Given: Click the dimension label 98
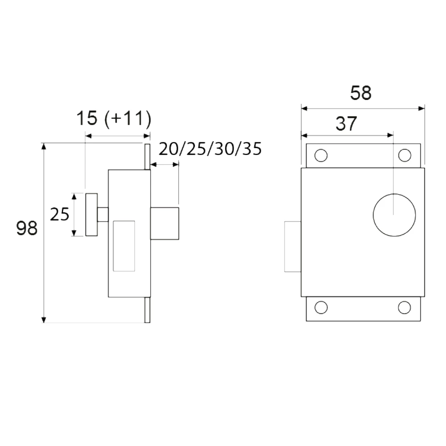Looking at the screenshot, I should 27,228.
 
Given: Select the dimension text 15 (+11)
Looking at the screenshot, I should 114,120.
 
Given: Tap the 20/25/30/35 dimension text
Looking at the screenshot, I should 210,149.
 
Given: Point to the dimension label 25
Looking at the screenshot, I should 59,215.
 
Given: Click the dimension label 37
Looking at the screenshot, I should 347,124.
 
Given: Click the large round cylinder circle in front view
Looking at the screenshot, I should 394,215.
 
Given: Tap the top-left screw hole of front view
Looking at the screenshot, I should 320,155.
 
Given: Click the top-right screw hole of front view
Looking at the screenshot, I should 405,155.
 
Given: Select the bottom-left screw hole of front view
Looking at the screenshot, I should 320,307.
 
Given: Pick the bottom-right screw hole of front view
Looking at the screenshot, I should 405,307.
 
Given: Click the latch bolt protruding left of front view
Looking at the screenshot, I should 293,246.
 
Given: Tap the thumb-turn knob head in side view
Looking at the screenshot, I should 91,215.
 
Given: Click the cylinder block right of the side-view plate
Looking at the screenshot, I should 165,223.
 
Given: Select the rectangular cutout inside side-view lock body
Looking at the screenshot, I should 124,245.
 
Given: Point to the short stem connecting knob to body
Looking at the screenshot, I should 103,215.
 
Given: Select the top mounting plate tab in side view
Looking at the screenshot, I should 147,156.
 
